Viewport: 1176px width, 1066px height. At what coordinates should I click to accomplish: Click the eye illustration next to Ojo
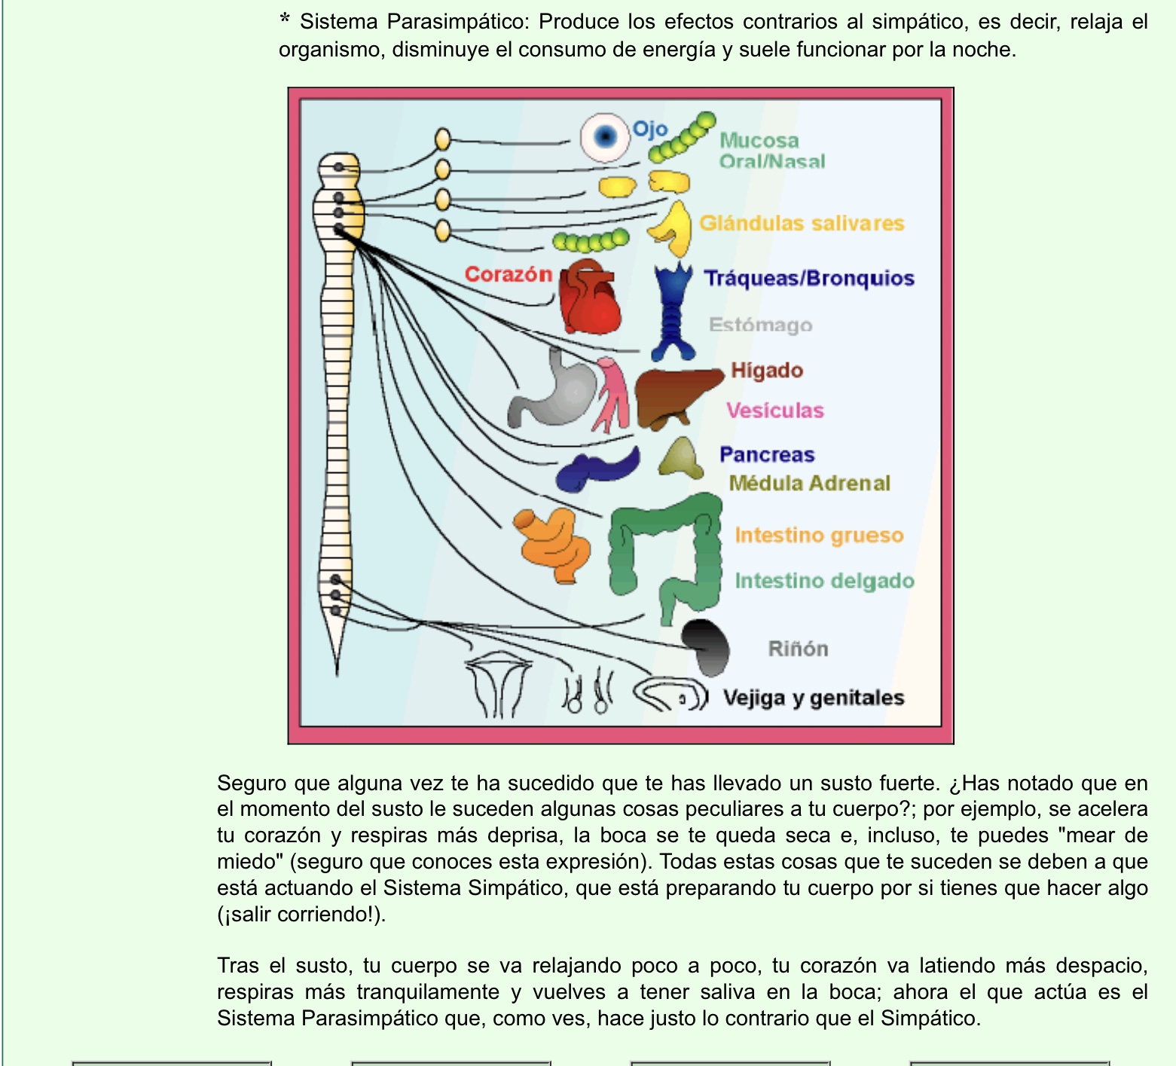605,137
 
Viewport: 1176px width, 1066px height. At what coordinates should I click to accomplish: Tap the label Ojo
649,129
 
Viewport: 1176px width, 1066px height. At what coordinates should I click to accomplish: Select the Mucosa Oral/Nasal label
771,151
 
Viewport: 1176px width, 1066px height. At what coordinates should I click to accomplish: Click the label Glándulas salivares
802,223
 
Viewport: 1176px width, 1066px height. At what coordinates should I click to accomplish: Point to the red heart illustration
591,298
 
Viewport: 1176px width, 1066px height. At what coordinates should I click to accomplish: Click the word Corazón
509,274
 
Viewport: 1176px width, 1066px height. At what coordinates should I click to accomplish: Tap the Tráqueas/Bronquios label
809,278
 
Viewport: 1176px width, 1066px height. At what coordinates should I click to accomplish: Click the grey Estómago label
760,325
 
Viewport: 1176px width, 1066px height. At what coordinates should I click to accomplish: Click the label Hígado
767,371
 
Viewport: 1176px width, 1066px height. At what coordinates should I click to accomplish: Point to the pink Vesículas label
774,411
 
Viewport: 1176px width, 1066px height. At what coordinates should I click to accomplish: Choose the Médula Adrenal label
809,483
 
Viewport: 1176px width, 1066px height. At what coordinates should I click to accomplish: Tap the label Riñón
798,649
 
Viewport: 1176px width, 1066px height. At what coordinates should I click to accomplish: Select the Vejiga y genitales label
813,698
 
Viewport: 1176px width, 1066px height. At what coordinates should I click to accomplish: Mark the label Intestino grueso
819,535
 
